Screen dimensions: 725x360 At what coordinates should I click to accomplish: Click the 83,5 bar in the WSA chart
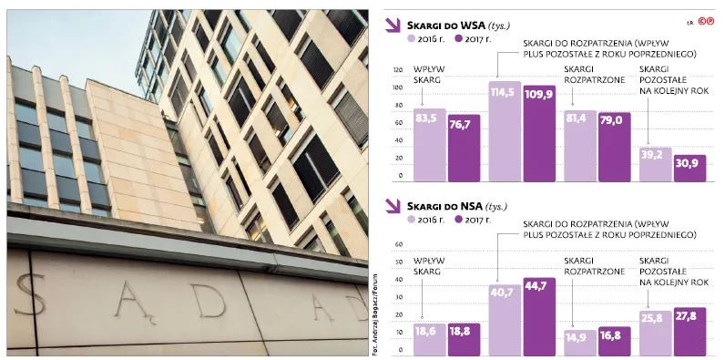pyautogui.click(x=430, y=145)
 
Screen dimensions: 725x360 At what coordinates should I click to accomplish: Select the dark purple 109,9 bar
pyautogui.click(x=539, y=134)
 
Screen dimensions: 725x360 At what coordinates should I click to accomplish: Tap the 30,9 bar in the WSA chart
pyautogui.click(x=689, y=169)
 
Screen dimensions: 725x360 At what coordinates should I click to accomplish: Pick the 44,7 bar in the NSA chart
pyautogui.click(x=539, y=317)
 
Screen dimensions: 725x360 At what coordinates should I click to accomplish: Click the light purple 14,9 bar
pyautogui.click(x=580, y=343)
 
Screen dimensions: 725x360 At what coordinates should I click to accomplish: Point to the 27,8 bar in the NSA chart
pyautogui.click(x=689, y=332)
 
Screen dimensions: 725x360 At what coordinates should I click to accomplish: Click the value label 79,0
pyautogui.click(x=615, y=120)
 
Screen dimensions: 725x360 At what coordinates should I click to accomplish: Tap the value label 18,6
pyautogui.click(x=425, y=332)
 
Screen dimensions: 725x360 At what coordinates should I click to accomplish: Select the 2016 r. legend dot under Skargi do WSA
pyautogui.click(x=410, y=39)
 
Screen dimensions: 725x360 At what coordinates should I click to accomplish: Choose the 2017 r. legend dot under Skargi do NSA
pyautogui.click(x=459, y=220)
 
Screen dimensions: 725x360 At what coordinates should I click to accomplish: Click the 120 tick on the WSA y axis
pyautogui.click(x=398, y=70)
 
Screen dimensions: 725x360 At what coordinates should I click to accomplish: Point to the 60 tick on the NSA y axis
pyautogui.click(x=400, y=244)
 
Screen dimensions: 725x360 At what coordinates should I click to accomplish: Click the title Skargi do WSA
pyautogui.click(x=445, y=26)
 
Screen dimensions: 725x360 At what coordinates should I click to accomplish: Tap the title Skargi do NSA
pyautogui.click(x=445, y=206)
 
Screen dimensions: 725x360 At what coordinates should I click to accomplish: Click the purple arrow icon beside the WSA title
pyautogui.click(x=393, y=26)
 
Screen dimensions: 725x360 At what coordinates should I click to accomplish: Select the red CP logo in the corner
pyautogui.click(x=706, y=21)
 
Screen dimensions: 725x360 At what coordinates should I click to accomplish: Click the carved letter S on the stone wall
pyautogui.click(x=32, y=294)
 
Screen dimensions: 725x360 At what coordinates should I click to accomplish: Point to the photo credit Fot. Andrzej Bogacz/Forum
pyautogui.click(x=374, y=314)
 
